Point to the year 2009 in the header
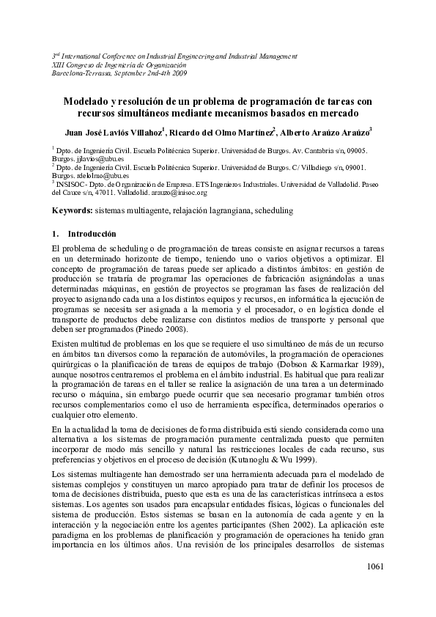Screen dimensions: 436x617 (x=177, y=73)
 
